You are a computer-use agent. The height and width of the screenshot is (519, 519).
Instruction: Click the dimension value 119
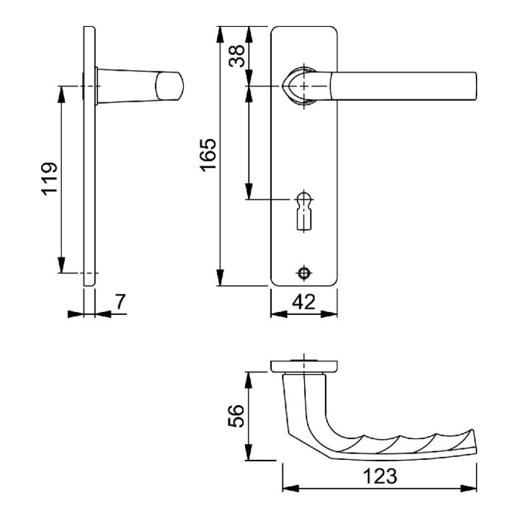49,179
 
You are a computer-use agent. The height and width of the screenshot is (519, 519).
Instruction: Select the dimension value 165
208,155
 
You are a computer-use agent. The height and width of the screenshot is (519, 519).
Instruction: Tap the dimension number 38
237,56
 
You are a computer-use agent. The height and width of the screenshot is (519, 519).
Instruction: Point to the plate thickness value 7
120,301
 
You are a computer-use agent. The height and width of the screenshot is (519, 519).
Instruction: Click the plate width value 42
304,302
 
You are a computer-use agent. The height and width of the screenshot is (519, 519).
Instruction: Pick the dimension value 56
236,416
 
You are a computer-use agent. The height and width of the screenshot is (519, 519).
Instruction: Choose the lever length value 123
380,476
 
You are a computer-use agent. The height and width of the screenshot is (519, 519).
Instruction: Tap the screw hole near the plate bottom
304,272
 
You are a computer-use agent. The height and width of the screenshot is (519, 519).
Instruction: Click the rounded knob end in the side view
169,86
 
